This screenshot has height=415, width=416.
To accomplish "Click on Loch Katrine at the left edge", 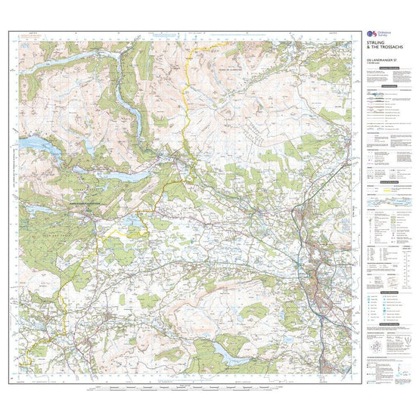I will (x=34, y=142).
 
